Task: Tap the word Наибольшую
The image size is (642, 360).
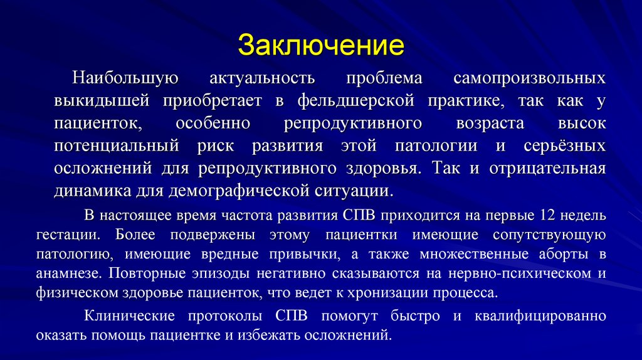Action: (125, 79)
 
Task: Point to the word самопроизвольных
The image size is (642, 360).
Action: (529, 79)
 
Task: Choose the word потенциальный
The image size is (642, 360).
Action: (118, 146)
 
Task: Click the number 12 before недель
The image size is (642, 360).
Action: (545, 216)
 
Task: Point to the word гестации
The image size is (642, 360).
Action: (75, 235)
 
